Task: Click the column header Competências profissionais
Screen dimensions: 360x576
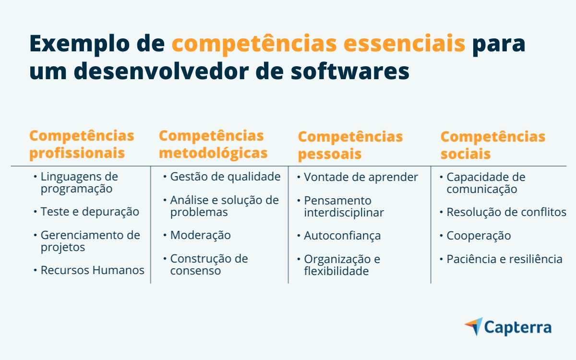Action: pos(82,144)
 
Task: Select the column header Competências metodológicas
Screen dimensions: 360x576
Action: pos(213,144)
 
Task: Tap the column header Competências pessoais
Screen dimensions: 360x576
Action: pos(350,145)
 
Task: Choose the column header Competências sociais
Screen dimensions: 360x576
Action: pos(492,145)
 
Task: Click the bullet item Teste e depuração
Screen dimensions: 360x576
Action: pos(90,212)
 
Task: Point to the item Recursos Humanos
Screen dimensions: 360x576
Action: pos(92,270)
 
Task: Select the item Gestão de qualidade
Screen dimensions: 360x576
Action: pos(225,177)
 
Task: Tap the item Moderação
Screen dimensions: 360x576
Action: pos(200,235)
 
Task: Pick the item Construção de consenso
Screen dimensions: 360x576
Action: pos(209,264)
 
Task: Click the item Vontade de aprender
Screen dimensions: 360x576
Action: pos(361,177)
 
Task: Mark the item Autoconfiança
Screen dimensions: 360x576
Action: pos(342,236)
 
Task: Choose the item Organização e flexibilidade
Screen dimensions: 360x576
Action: pos(342,265)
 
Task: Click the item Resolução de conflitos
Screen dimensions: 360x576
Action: pos(506,212)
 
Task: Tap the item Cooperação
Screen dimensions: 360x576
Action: pos(479,236)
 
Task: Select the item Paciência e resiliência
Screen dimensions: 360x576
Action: pos(504,259)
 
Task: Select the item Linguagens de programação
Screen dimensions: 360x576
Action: pos(79,182)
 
